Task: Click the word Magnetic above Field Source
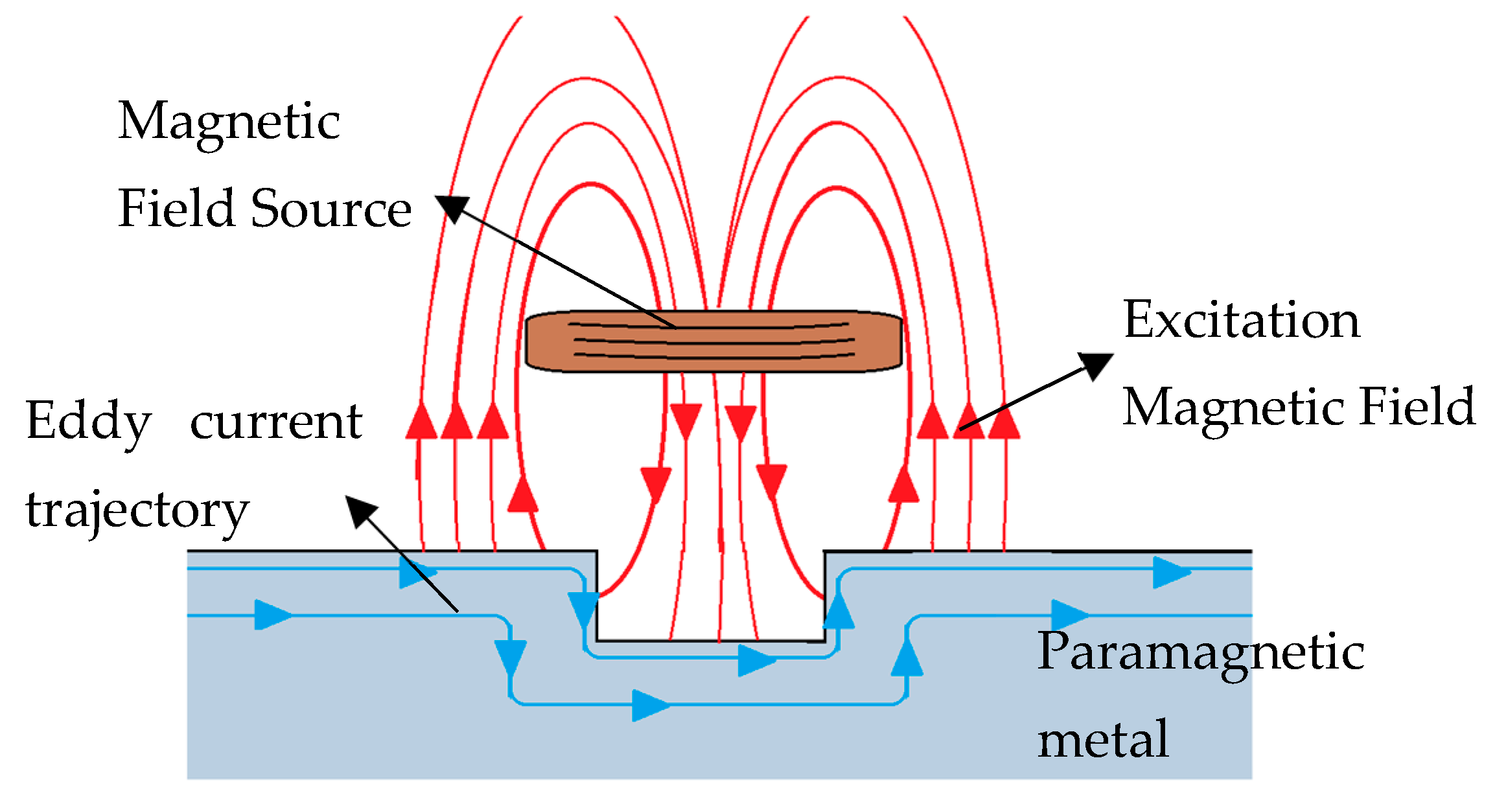[x=229, y=122]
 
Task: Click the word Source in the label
[x=331, y=209]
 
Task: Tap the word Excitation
[x=1241, y=320]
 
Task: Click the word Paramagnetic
[x=1200, y=652]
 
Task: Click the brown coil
[x=713, y=341]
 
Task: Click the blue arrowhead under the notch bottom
[x=756, y=660]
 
